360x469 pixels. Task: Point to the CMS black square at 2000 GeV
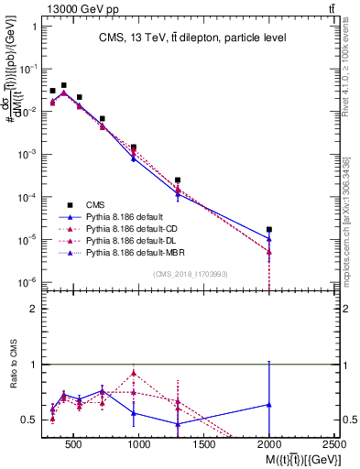(x=268, y=230)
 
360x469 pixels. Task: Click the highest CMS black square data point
(x=63, y=85)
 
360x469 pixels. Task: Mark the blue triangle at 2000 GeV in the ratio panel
(x=268, y=404)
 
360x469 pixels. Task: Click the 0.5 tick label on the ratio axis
(x=27, y=420)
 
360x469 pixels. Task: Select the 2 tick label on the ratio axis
(x=31, y=309)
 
